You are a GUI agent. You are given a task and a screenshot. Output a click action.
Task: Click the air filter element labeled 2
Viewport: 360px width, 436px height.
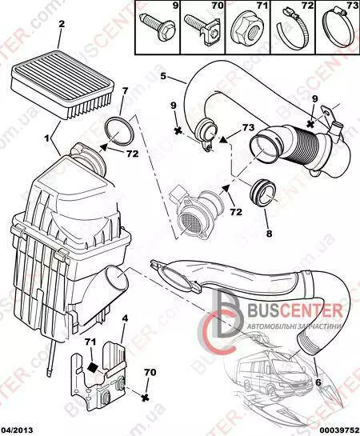[x=62, y=85]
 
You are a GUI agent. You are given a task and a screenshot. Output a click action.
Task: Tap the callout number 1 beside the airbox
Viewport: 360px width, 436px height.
[x=47, y=138]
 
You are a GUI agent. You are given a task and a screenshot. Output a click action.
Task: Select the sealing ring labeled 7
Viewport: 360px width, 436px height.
[x=119, y=130]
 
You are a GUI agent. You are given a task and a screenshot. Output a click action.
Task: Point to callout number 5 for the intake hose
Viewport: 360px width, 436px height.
[x=163, y=76]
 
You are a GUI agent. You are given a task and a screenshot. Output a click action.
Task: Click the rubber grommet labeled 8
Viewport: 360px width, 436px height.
[x=262, y=194]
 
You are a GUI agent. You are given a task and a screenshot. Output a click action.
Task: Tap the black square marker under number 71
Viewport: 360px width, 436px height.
[x=92, y=367]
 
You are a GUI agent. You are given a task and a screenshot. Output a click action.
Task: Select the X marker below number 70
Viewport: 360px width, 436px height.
[x=144, y=398]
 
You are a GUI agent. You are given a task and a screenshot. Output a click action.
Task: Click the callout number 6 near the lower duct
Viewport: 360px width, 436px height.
[x=318, y=382]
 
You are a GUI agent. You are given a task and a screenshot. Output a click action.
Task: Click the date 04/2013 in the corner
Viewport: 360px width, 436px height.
[x=17, y=430]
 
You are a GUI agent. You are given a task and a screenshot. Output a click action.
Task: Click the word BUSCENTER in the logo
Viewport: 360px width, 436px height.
[x=295, y=311]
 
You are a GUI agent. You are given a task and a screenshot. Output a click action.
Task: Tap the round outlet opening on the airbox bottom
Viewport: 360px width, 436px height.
[x=117, y=281]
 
